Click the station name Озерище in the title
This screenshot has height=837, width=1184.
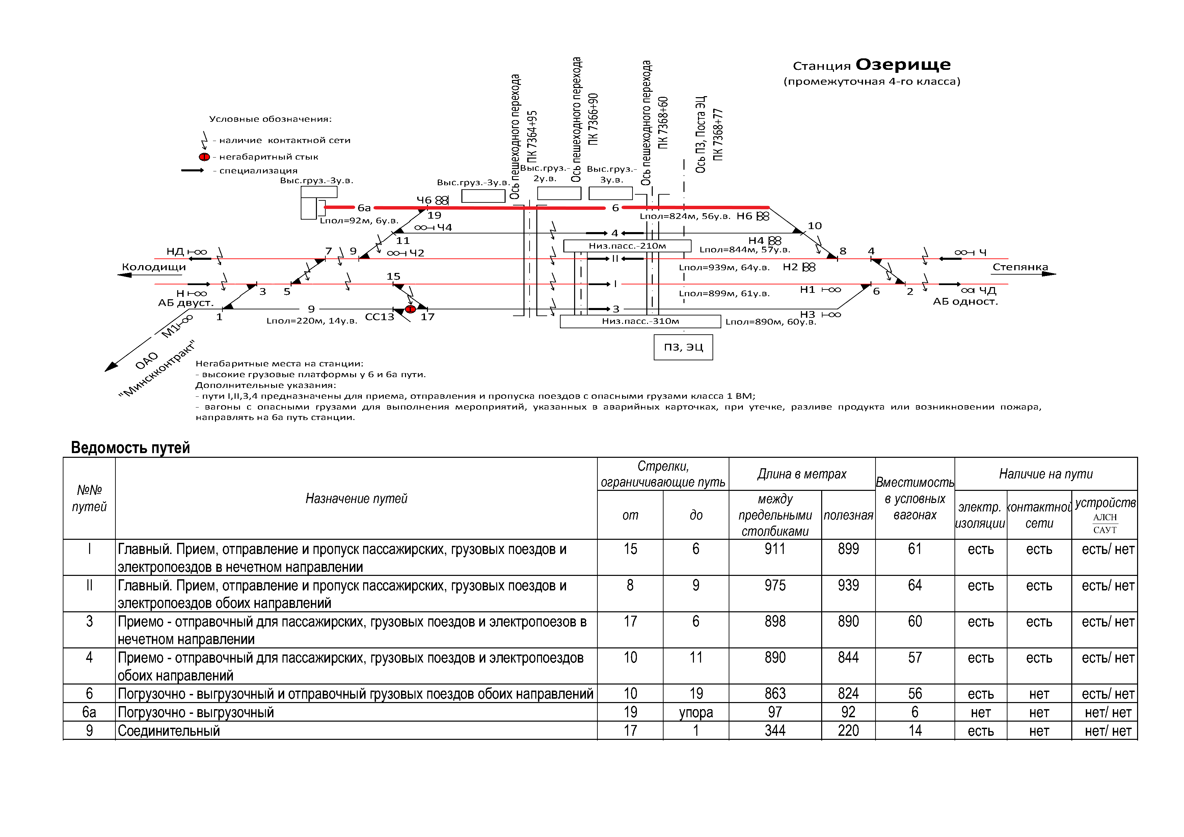point(903,65)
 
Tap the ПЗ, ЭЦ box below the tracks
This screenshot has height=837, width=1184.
point(683,347)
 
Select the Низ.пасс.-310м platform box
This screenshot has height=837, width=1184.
point(640,322)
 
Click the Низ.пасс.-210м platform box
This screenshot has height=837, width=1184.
point(627,246)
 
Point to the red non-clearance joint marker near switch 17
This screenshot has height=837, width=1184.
point(410,309)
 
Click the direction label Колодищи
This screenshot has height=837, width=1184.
point(154,267)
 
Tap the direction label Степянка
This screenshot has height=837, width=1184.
point(1020,267)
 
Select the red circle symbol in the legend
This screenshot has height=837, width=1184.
point(204,157)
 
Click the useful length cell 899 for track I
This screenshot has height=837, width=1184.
point(848,550)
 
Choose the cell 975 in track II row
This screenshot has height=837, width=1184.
point(775,586)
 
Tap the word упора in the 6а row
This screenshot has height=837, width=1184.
point(696,712)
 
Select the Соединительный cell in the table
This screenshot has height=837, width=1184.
point(169,731)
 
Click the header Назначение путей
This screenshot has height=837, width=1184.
point(356,498)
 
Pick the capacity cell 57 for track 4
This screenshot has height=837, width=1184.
point(914,658)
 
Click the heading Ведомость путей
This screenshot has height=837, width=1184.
point(131,447)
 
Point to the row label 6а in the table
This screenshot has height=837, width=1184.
point(89,712)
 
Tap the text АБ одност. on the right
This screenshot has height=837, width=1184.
point(965,302)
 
